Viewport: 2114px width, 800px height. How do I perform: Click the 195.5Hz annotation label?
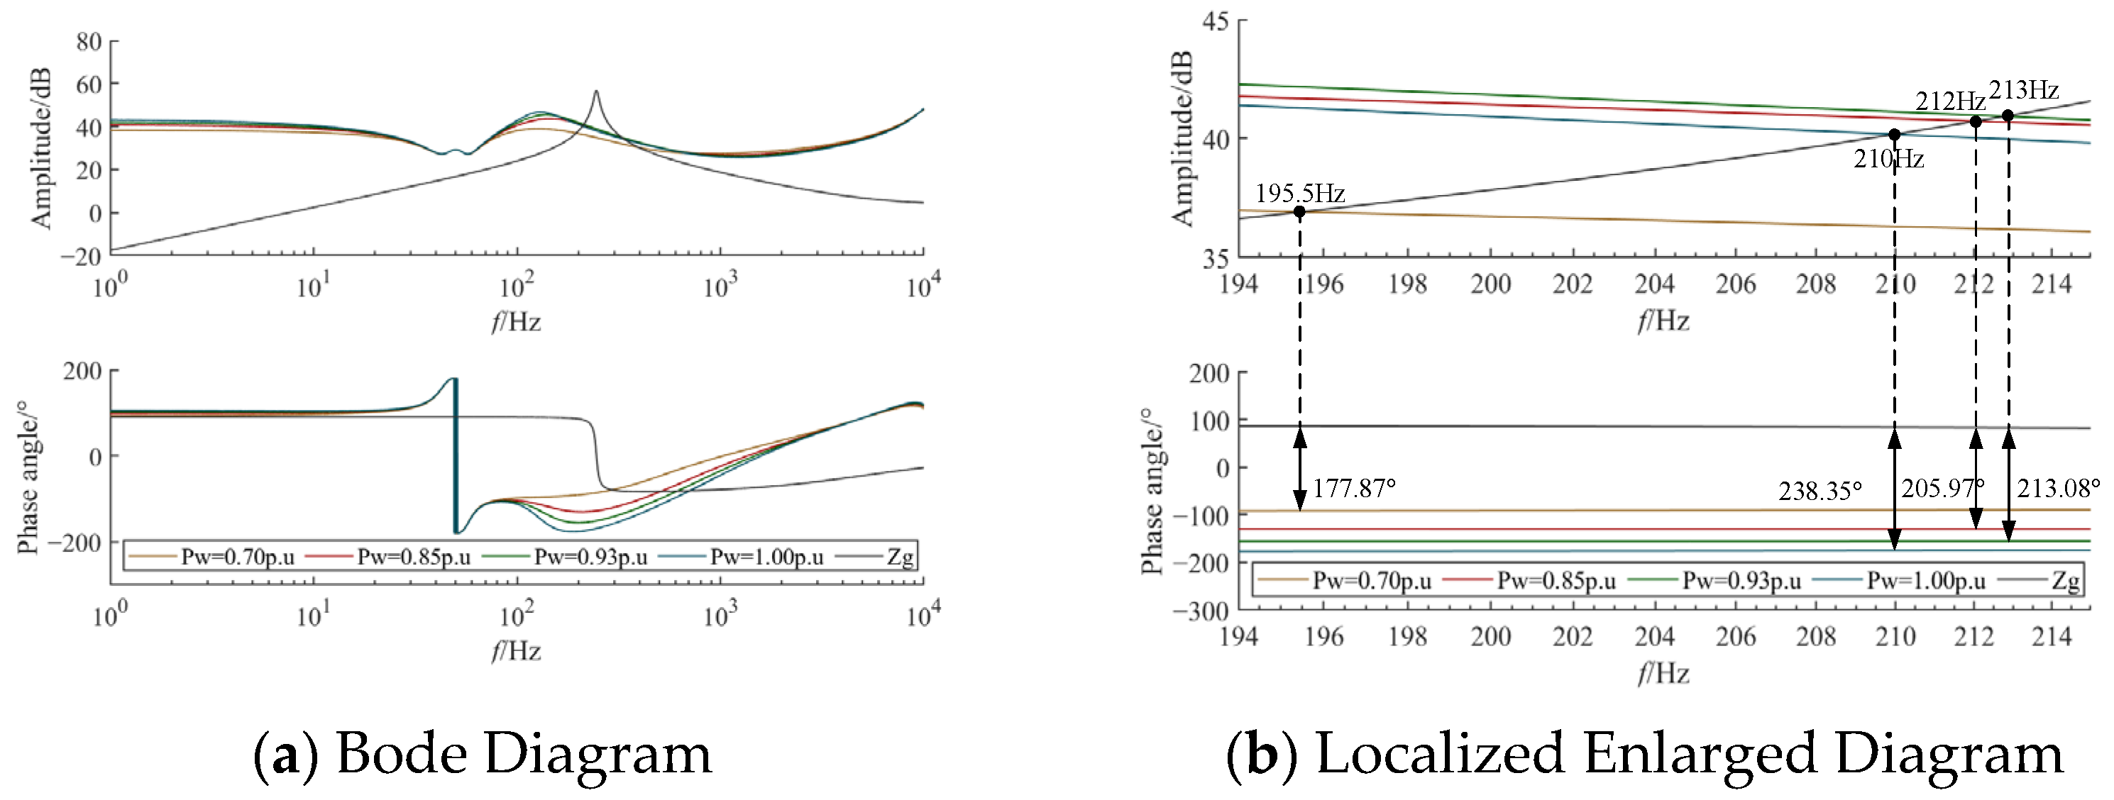[x=1300, y=194]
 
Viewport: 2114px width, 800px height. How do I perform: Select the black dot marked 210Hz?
[x=1894, y=135]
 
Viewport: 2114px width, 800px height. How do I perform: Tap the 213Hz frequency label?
[x=2024, y=89]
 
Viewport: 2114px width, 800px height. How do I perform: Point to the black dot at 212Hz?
[x=1976, y=121]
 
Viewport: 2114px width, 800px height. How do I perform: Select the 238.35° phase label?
[x=1820, y=491]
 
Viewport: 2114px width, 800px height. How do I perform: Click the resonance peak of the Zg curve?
[x=596, y=91]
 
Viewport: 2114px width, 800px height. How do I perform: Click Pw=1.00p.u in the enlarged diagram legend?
[x=1926, y=581]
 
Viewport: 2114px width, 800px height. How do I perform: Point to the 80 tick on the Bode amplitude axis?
[x=89, y=41]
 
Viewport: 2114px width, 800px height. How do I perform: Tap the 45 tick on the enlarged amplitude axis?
[x=1216, y=21]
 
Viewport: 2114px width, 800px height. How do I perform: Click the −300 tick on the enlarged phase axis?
[x=1201, y=611]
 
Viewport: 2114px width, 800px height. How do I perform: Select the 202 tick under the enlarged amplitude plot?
[x=1572, y=284]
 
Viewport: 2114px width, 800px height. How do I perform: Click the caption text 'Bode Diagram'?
[x=524, y=753]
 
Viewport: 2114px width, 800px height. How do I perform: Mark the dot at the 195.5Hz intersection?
[x=1299, y=211]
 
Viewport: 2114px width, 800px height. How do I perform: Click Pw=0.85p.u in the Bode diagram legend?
[x=414, y=557]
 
